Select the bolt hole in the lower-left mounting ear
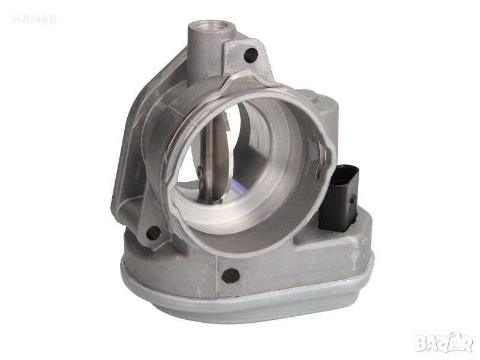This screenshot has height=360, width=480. coord(154,233)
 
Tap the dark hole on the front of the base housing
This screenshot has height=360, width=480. coord(230,275)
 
